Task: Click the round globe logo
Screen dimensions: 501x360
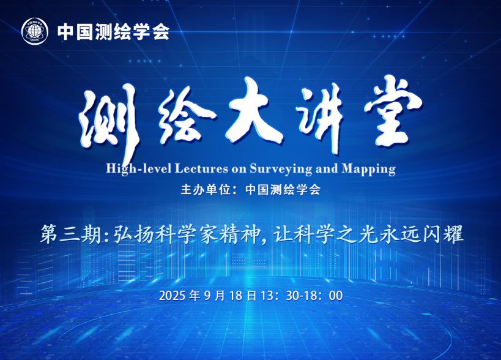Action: point(34,32)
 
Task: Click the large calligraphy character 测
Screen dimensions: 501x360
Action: point(109,121)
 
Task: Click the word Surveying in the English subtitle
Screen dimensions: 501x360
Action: point(281,169)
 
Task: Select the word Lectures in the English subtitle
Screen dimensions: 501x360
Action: point(201,168)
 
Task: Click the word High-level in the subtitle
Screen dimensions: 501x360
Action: point(139,168)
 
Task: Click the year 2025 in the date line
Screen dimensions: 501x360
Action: point(172,296)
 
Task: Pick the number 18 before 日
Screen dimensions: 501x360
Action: point(236,296)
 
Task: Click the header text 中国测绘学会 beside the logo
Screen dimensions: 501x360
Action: point(113,32)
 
